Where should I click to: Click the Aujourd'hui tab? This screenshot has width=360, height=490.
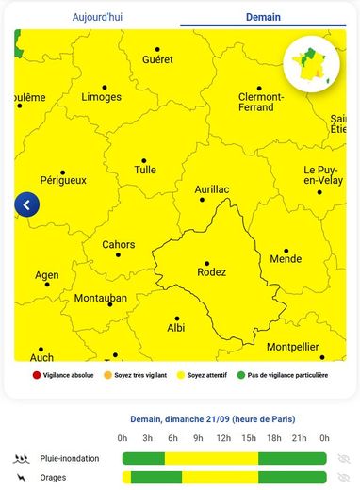(98, 17)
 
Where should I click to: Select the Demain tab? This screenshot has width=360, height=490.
(263, 17)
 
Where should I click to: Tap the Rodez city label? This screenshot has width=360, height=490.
(211, 272)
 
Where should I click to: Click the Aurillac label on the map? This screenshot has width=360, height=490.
(212, 189)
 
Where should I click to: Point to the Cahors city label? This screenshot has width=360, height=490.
(119, 245)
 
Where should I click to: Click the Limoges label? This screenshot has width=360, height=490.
(101, 97)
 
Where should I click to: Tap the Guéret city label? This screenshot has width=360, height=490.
(157, 59)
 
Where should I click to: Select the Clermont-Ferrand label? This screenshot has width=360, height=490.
(261, 102)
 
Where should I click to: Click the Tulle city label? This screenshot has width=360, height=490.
(145, 171)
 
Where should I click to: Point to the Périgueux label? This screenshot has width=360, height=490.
(63, 179)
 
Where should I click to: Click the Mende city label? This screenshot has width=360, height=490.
(286, 258)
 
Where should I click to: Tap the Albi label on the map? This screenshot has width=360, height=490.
(176, 327)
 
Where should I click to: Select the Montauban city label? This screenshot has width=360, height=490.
(101, 298)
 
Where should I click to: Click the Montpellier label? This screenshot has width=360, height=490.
(294, 347)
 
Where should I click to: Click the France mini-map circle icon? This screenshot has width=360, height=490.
(311, 62)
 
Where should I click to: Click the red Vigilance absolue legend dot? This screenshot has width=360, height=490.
(37, 375)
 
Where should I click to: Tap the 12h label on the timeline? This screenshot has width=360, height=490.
(224, 438)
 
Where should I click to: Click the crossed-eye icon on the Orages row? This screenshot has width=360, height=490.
(344, 478)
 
